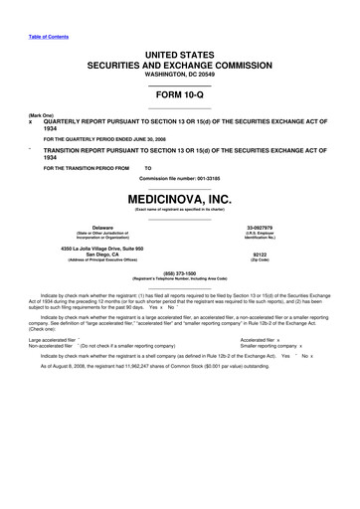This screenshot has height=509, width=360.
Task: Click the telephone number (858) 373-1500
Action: (179, 298)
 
